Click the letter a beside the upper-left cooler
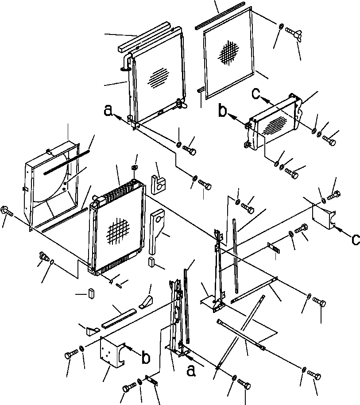tap(107, 110)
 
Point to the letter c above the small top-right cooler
tap(256, 94)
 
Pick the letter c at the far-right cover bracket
tap(355, 240)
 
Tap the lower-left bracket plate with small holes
tap(111, 352)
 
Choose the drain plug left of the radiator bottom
tap(43, 256)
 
